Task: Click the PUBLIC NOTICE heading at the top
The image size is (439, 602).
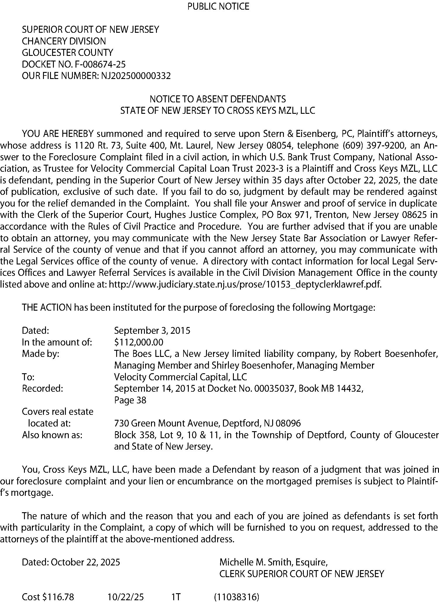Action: (218, 6)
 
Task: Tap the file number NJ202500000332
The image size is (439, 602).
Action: (136, 76)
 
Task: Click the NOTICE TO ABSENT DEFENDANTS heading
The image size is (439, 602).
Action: (218, 99)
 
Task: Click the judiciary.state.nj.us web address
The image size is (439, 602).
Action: (245, 284)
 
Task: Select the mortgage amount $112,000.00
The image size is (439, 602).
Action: (139, 342)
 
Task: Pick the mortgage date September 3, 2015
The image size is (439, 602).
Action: (152, 331)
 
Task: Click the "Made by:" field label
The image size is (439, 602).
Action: (41, 354)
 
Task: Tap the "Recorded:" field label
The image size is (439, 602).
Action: (42, 388)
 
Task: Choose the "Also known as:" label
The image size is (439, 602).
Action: (52, 435)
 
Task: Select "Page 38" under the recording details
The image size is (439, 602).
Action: (130, 400)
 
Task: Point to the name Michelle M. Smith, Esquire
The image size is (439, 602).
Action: (273, 562)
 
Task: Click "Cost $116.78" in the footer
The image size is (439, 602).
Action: (48, 597)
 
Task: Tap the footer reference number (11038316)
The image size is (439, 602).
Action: (237, 597)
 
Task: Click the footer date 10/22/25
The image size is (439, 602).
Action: (126, 597)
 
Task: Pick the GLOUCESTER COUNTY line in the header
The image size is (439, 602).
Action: (68, 53)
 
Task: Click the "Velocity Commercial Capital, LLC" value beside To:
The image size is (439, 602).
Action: (180, 377)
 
